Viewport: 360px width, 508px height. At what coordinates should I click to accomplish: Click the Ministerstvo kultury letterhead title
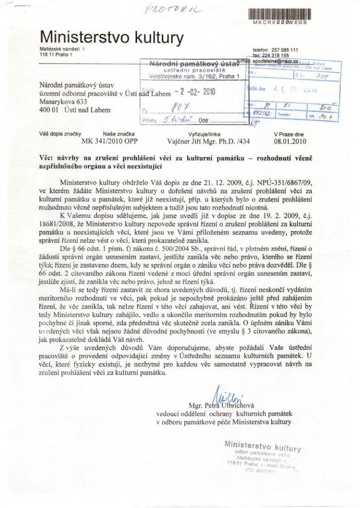point(112,37)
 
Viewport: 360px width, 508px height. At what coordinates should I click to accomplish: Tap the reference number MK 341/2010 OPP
point(109,140)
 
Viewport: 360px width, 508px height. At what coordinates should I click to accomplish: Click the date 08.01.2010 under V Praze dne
point(289,140)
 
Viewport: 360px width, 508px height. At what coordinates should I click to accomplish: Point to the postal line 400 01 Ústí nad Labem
point(75,110)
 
